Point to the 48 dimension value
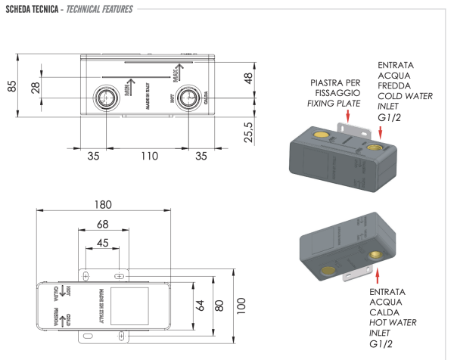tap(247, 79)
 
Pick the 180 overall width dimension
tap(104, 204)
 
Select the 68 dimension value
tap(103, 224)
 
